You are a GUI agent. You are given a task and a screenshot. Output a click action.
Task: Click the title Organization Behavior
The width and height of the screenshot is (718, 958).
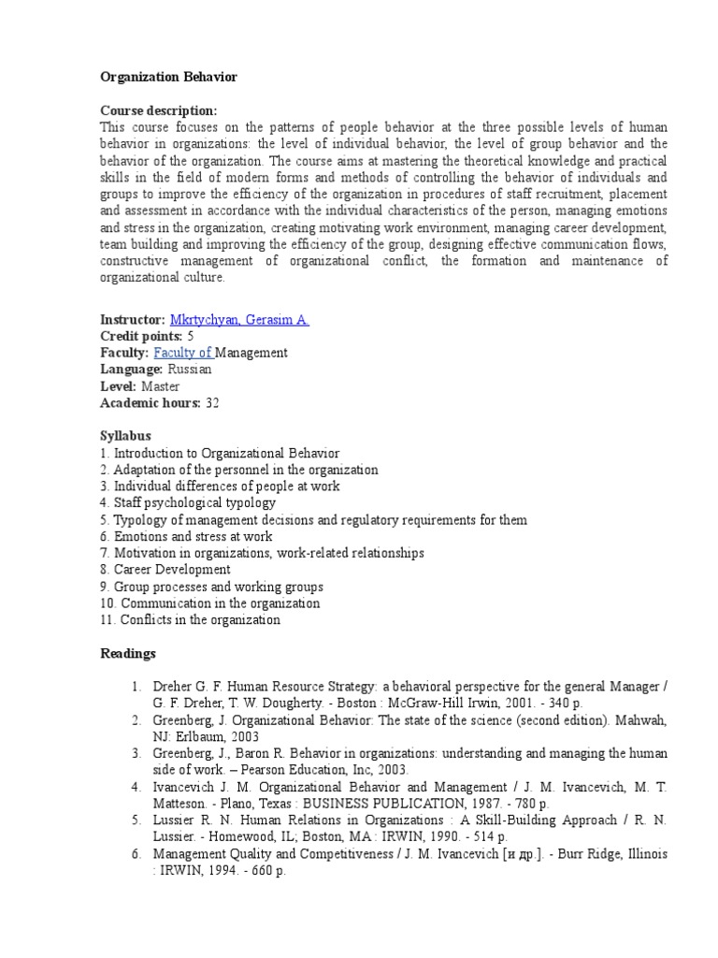coord(168,77)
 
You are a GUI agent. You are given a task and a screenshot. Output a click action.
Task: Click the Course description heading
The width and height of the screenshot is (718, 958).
coord(158,110)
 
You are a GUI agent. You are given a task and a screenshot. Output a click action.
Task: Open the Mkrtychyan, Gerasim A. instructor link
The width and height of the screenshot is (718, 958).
coord(239,320)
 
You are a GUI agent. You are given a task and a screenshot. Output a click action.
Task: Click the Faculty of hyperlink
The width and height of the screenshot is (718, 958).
coord(184,353)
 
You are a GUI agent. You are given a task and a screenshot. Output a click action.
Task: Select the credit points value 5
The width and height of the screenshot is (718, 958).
coord(191,337)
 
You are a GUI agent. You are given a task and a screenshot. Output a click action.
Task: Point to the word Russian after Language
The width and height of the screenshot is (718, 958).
coord(190,370)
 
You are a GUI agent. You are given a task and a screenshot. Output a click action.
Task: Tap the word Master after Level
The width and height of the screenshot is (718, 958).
coord(161,386)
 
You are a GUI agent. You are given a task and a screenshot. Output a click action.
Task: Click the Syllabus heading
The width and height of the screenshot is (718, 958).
coord(125,437)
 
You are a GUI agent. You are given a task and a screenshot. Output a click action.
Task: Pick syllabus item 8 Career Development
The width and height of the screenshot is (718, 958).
coord(165,570)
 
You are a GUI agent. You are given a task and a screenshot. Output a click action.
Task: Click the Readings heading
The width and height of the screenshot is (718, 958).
coord(128,653)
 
